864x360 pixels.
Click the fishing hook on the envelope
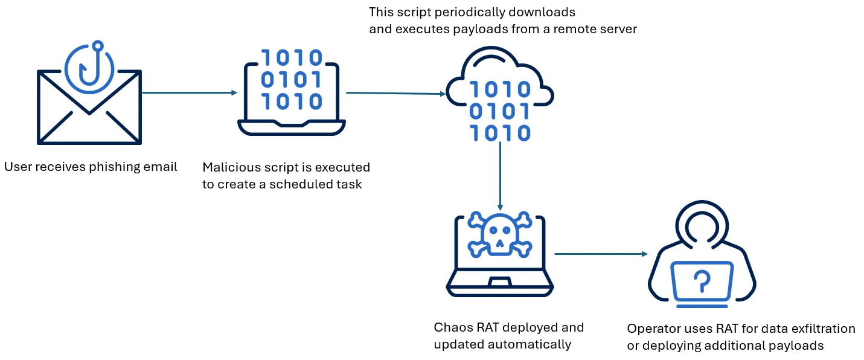[x=97, y=64]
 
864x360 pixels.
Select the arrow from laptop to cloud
[x=395, y=93]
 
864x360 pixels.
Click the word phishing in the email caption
[x=114, y=167]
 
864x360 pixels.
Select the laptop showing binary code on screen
[x=291, y=91]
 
